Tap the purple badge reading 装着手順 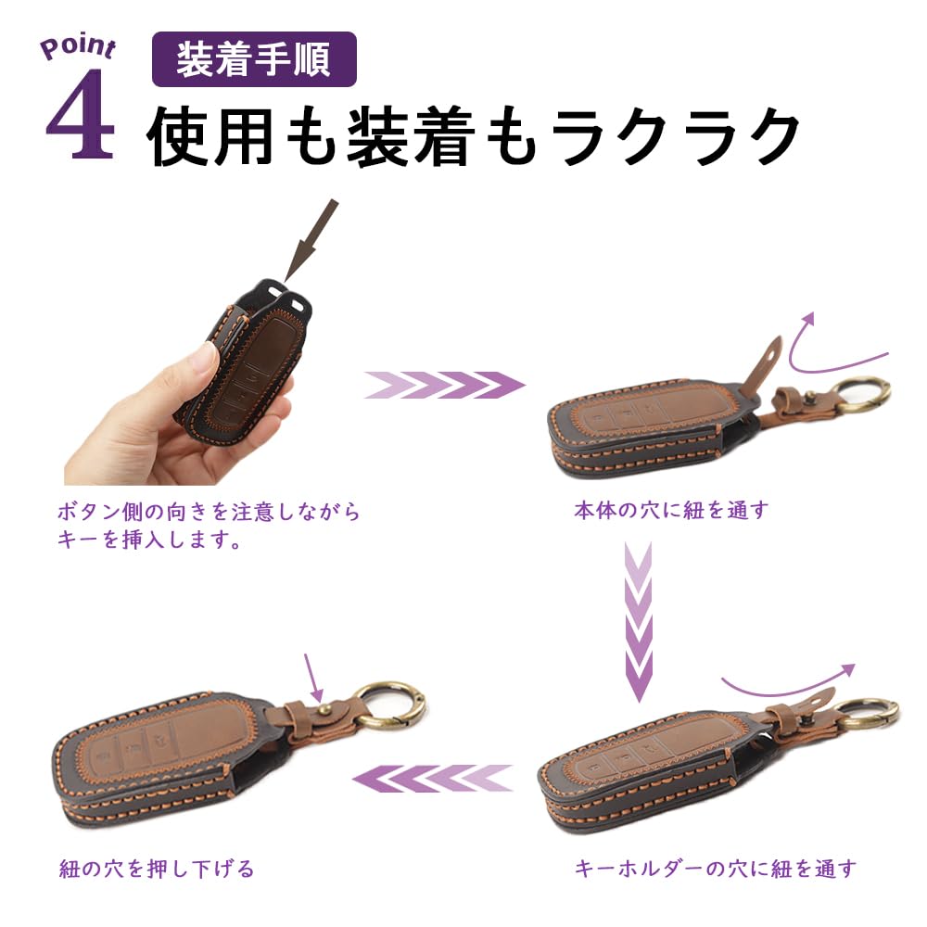click(254, 59)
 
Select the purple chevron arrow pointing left click(434, 778)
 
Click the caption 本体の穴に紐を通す click(671, 510)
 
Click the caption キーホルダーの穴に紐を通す click(716, 869)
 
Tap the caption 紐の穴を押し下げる click(156, 869)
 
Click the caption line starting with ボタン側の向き click(209, 511)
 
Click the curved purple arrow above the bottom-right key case click(788, 681)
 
